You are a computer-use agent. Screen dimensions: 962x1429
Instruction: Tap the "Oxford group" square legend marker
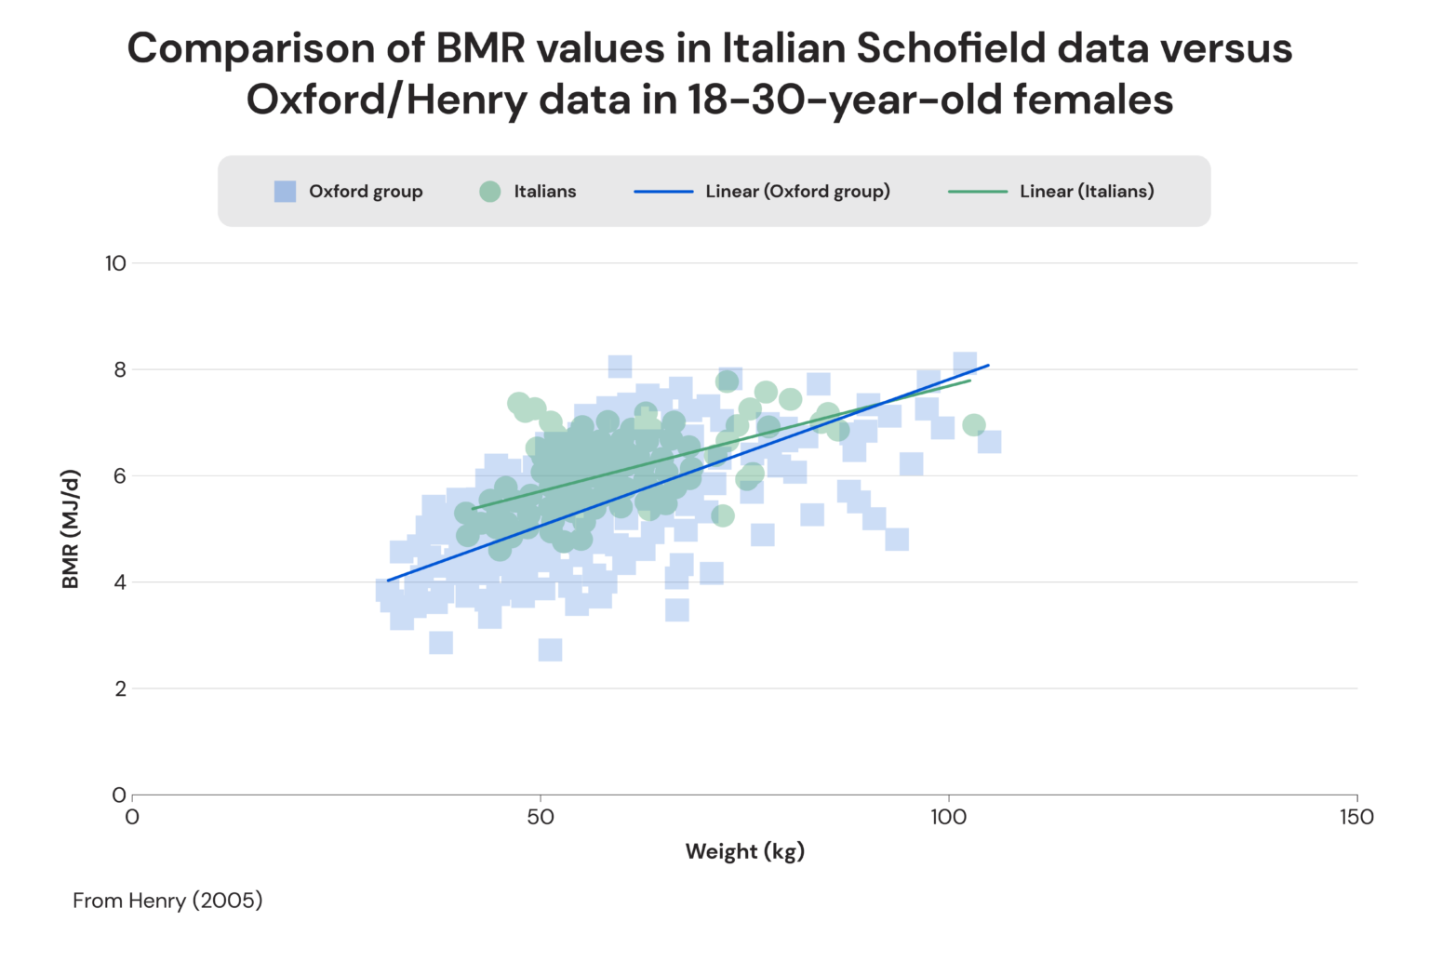(x=285, y=192)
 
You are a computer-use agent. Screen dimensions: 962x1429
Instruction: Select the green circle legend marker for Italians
(x=490, y=192)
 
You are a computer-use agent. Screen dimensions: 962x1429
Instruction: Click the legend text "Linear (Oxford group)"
(x=797, y=192)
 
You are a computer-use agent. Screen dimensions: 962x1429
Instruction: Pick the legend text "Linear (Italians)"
(x=1087, y=192)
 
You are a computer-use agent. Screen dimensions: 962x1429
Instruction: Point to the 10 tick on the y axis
(x=115, y=263)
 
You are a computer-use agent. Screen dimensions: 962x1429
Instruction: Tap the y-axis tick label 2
(x=120, y=689)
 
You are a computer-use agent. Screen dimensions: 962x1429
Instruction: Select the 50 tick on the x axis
(x=540, y=818)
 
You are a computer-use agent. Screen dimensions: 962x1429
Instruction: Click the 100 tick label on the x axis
(x=948, y=818)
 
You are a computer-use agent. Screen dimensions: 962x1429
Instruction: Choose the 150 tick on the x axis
(x=1356, y=818)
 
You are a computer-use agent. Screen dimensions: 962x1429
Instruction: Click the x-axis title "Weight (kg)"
(x=744, y=851)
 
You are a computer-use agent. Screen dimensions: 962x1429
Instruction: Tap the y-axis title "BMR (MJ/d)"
(x=71, y=529)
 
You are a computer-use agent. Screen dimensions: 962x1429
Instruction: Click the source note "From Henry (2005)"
(x=167, y=901)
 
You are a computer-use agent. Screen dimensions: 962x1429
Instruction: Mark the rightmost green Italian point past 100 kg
(x=974, y=425)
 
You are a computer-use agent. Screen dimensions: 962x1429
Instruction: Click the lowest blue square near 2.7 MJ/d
(x=550, y=649)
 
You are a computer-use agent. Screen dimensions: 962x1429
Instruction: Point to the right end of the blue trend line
(x=988, y=366)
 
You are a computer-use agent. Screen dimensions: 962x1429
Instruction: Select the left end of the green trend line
(x=474, y=509)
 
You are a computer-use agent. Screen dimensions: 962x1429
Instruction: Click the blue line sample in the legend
(x=663, y=192)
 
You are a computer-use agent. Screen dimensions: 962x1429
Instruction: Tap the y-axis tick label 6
(x=120, y=476)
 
